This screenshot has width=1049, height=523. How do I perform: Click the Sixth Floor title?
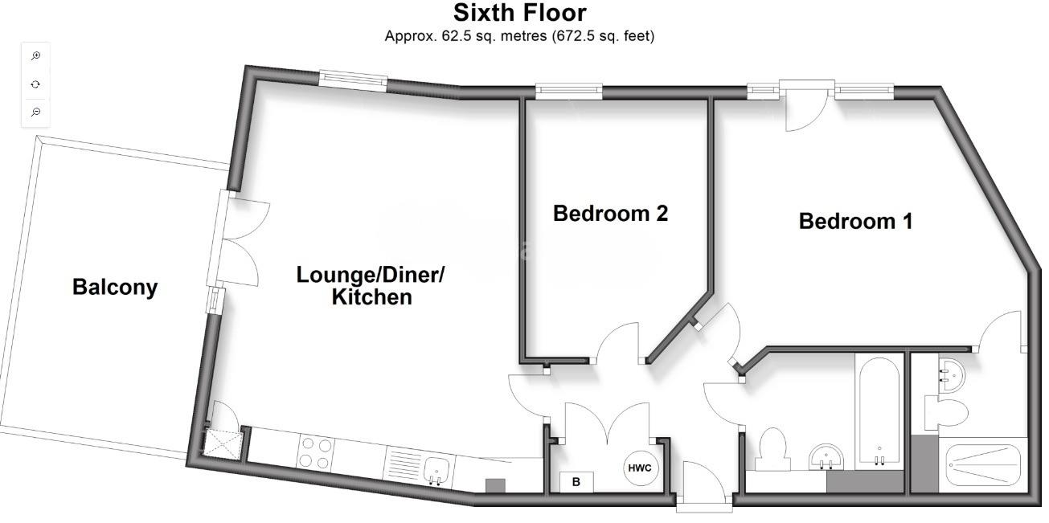[x=520, y=13]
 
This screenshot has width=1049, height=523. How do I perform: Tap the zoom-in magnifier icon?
[x=35, y=56]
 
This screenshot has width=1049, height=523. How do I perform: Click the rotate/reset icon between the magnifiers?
[x=35, y=84]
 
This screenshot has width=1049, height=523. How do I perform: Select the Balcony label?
[x=115, y=287]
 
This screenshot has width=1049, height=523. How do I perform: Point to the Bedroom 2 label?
[x=610, y=214]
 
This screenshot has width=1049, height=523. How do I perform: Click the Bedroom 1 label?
[x=855, y=222]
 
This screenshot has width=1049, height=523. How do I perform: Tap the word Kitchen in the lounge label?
[x=372, y=297]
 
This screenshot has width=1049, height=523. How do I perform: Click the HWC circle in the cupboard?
[x=641, y=468]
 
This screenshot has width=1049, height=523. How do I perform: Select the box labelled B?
[x=576, y=482]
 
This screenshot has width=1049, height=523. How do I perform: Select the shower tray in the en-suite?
[x=985, y=464]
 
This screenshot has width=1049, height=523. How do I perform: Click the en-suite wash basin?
[x=953, y=374]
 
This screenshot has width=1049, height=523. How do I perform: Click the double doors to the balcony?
[x=240, y=239]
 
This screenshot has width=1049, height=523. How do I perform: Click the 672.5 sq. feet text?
[x=603, y=36]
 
